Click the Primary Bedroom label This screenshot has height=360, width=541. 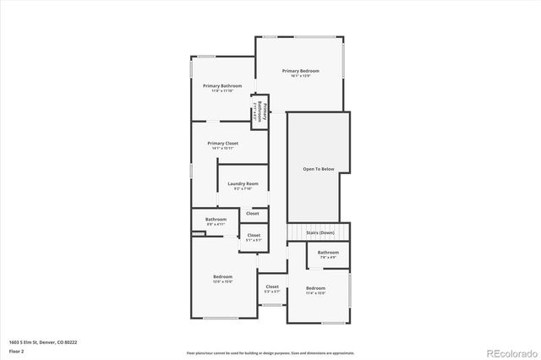click(x=302, y=70)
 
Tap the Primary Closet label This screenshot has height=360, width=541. click(x=222, y=143)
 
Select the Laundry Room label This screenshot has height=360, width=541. click(x=243, y=183)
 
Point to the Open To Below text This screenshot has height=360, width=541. click(x=319, y=169)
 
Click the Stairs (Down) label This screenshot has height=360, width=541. click(x=320, y=232)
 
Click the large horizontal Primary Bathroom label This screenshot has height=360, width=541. click(x=222, y=85)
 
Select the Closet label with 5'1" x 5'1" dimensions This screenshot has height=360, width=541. click(x=254, y=235)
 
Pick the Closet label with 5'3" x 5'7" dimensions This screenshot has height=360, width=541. click(x=272, y=286)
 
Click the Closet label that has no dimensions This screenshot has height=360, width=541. click(x=253, y=214)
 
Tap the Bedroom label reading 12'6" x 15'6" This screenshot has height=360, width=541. click(x=222, y=276)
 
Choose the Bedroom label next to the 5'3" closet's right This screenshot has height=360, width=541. click(x=315, y=288)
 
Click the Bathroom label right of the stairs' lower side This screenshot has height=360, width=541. click(x=328, y=252)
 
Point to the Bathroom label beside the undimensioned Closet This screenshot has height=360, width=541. click(x=216, y=219)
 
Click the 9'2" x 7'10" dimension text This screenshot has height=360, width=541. click(x=243, y=188)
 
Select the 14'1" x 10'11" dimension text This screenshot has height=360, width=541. click(x=222, y=148)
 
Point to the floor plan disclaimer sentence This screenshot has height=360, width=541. click(x=270, y=352)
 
